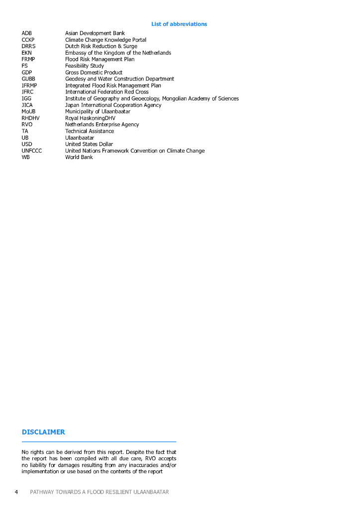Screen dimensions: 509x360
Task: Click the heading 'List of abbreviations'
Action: click(179, 24)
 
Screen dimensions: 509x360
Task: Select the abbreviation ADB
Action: click(27, 33)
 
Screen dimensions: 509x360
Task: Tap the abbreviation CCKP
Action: click(28, 40)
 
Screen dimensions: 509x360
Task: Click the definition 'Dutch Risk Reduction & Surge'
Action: click(101, 46)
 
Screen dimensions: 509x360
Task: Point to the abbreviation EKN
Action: click(27, 53)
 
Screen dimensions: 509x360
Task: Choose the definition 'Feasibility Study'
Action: click(85, 66)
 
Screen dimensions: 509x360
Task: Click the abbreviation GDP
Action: click(27, 73)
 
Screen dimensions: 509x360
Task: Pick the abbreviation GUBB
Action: click(28, 79)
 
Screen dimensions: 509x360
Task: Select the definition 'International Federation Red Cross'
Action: click(106, 92)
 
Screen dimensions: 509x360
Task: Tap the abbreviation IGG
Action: click(26, 98)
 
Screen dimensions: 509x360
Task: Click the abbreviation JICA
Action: click(27, 105)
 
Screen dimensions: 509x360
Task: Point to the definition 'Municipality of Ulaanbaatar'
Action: click(97, 111)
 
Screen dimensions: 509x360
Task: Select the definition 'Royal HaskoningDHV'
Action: click(90, 118)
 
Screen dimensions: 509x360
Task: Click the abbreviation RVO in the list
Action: click(27, 125)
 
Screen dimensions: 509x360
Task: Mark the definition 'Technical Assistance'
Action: click(90, 131)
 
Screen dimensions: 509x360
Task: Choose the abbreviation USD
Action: click(27, 144)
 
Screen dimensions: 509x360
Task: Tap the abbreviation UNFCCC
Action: click(32, 151)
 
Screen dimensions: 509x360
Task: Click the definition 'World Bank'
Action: click(79, 157)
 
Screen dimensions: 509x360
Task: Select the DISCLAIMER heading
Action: click(43, 432)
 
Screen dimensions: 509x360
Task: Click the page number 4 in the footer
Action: click(16, 492)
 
